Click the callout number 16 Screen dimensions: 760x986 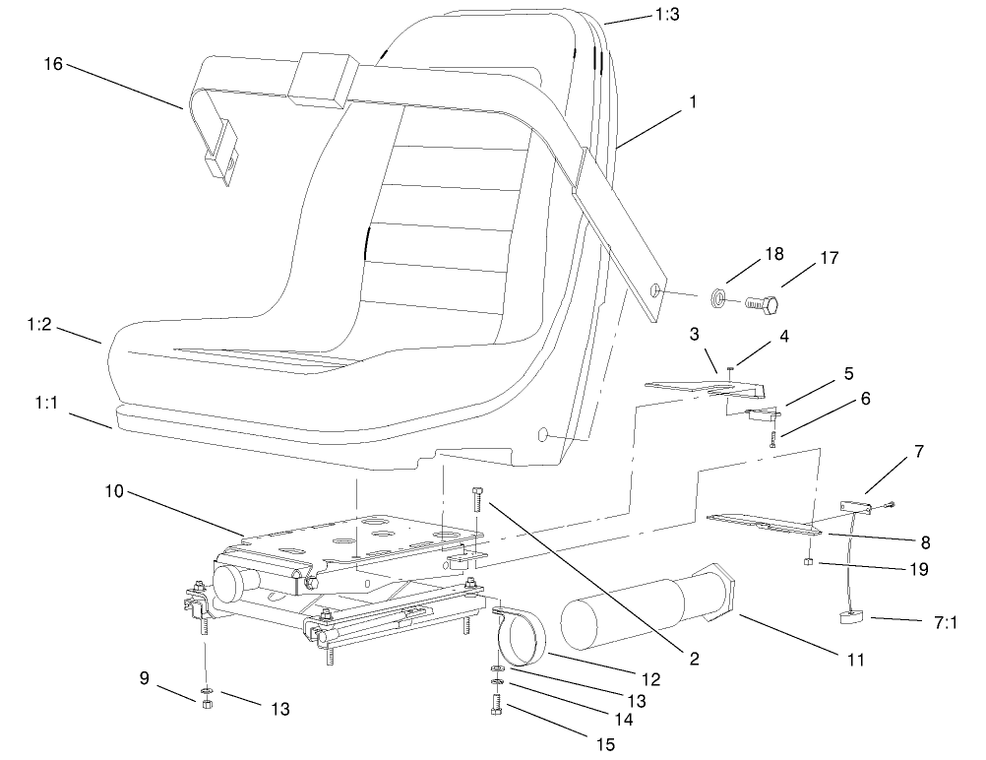tap(52, 65)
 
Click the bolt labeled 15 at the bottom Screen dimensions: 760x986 tap(496, 706)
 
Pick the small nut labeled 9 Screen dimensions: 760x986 tap(207, 704)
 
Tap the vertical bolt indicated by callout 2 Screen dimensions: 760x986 tap(478, 499)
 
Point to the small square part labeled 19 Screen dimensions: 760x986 tap(807, 562)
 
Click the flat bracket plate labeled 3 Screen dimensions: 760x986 tap(699, 383)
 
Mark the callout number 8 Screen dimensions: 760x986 tap(925, 541)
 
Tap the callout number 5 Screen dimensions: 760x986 tap(847, 374)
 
